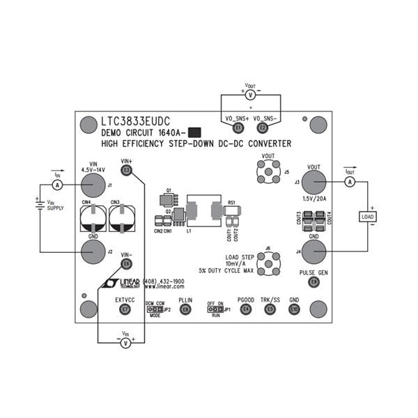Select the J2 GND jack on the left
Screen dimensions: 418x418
pos(92,251)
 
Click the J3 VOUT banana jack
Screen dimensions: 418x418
pos(313,183)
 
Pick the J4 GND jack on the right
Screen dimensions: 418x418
pos(313,251)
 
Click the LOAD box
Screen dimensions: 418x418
pos(367,217)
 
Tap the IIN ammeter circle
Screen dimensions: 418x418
pos(59,185)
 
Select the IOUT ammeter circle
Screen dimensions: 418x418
pos(350,181)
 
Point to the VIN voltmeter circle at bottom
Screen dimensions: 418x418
pos(126,343)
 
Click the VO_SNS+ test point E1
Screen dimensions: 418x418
pos(238,128)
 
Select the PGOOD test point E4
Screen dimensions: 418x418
pos(245,309)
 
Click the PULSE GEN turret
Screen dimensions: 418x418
pos(313,281)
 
